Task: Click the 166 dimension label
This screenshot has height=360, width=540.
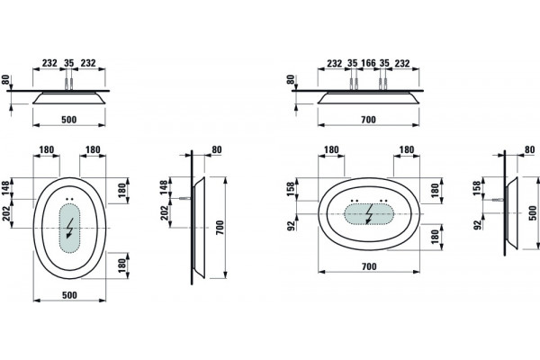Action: (x=368, y=63)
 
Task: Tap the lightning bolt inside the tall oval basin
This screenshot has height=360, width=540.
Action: (x=70, y=228)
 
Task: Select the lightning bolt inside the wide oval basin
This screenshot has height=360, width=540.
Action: (x=369, y=213)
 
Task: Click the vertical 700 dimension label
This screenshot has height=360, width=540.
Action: (x=220, y=228)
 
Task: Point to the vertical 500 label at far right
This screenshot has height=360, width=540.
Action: (x=533, y=213)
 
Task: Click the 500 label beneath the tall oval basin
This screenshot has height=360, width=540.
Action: (x=69, y=295)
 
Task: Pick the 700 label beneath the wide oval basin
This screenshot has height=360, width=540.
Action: (x=369, y=266)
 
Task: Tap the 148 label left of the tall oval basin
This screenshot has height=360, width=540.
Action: (x=6, y=188)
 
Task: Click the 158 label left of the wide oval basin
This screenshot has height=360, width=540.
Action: (x=291, y=189)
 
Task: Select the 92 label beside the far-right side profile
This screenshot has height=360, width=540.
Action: (x=477, y=225)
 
